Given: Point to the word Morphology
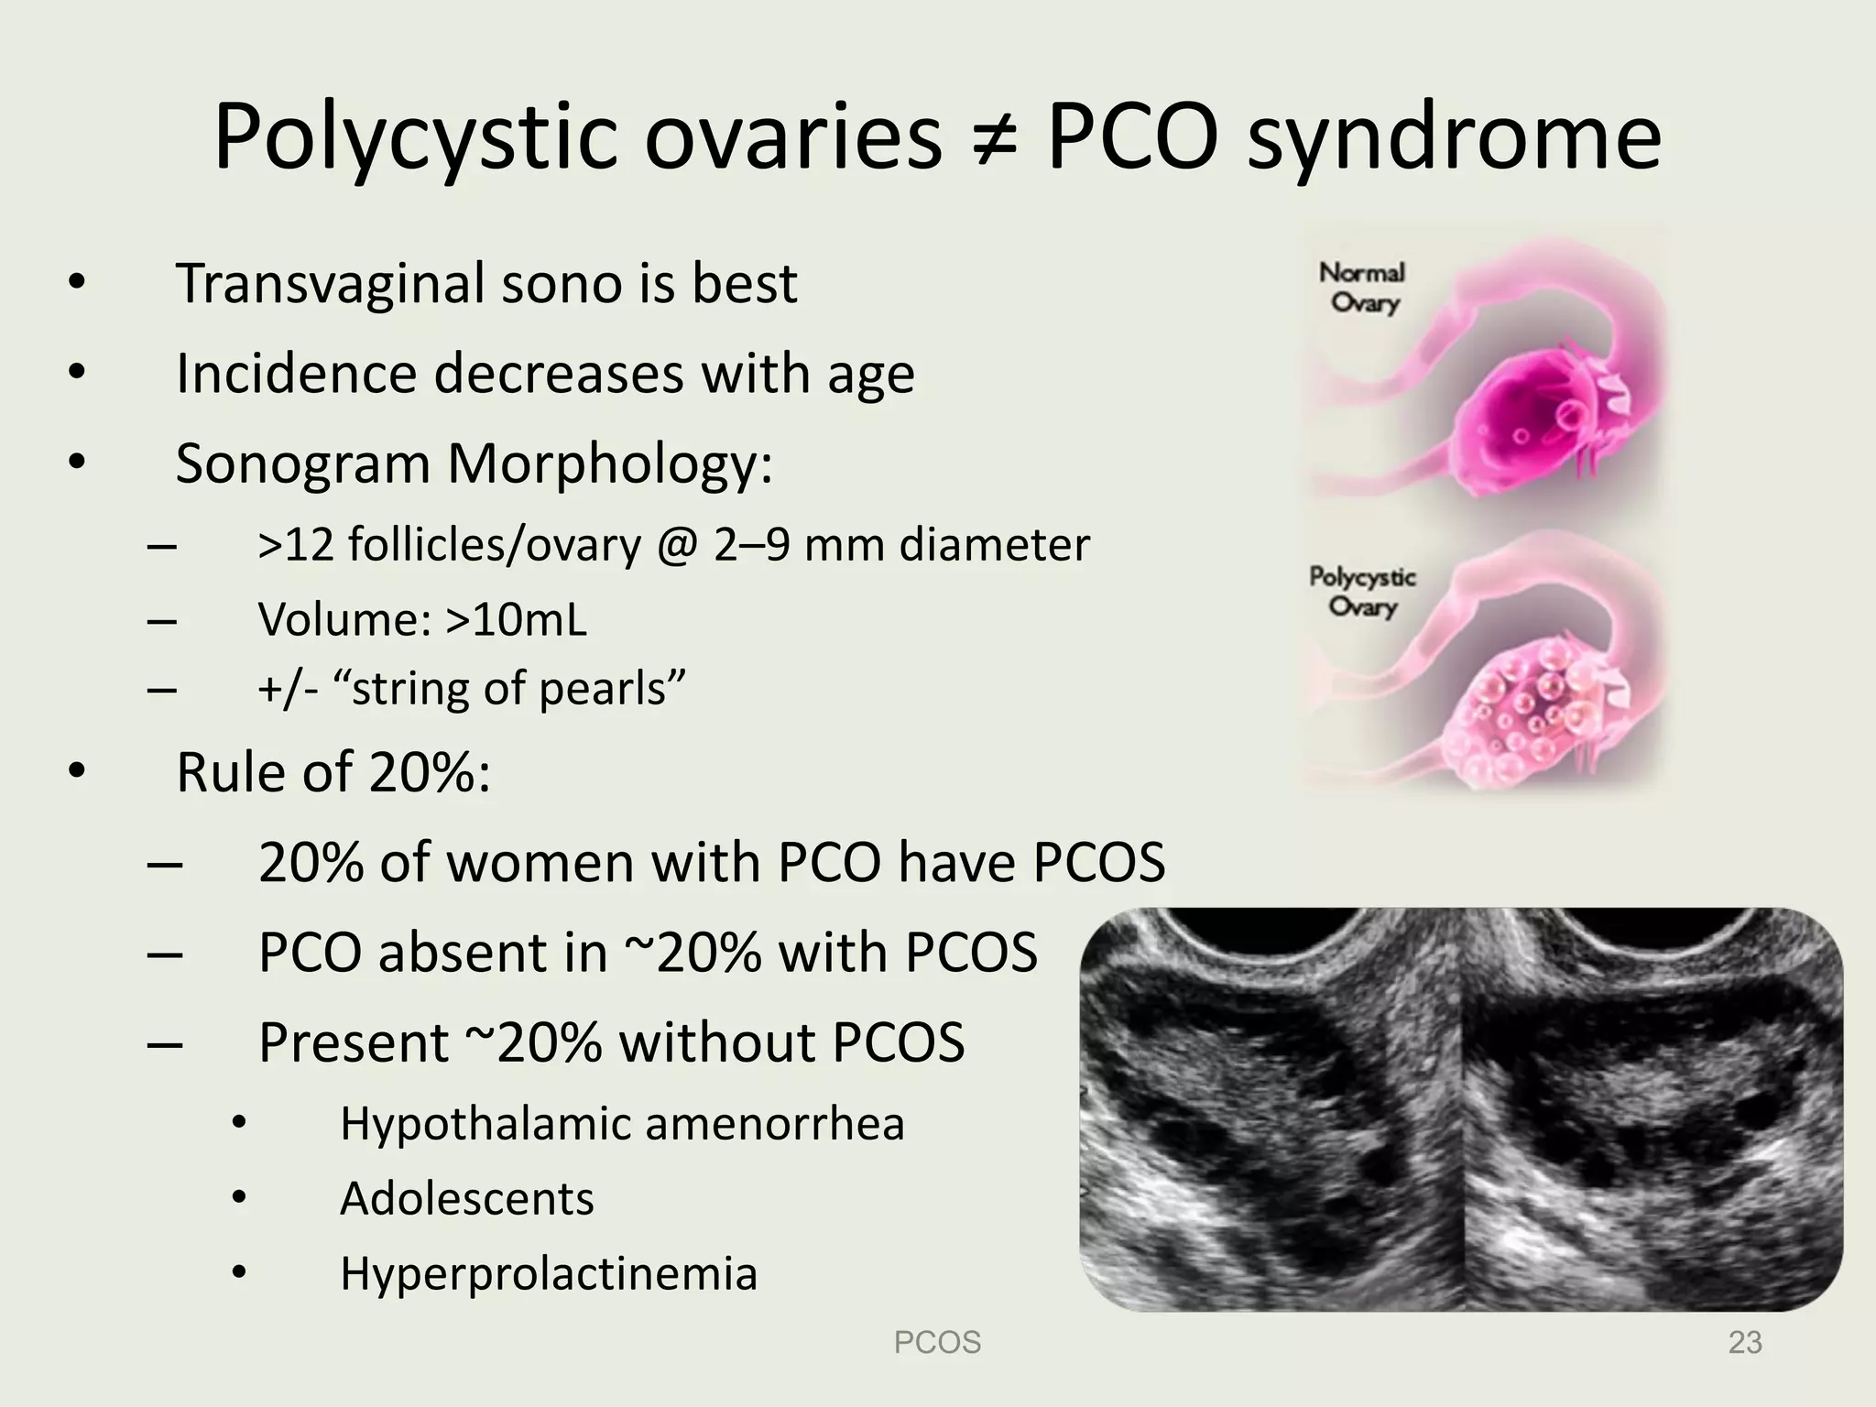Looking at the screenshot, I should (x=609, y=464).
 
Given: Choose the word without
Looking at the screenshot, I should (x=708, y=1042).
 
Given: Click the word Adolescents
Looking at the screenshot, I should (x=466, y=1198).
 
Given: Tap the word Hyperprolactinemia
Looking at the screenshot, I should (x=549, y=1273).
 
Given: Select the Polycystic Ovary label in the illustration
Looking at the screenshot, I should (x=1362, y=592).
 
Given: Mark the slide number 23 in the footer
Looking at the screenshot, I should (x=1744, y=1343).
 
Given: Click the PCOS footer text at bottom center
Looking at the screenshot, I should (x=937, y=1343).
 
